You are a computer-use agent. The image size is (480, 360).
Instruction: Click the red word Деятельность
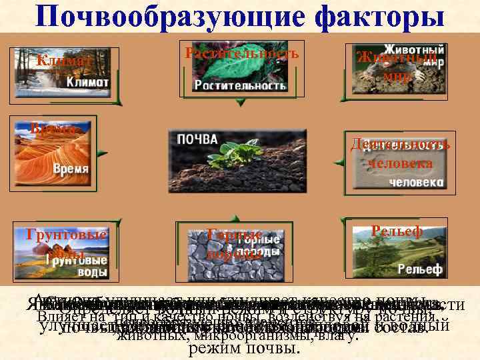coord(401,145)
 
